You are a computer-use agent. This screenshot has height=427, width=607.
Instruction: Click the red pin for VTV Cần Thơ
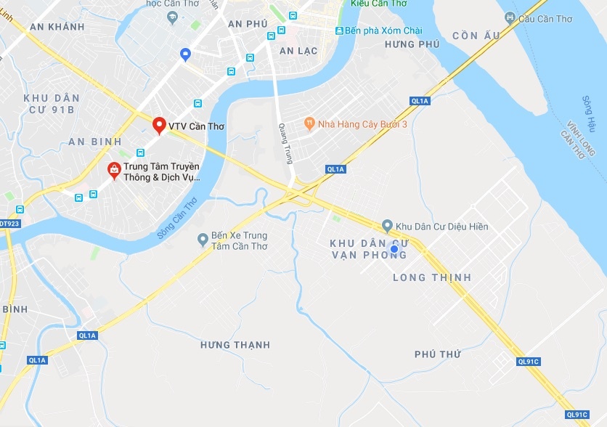[x=159, y=125]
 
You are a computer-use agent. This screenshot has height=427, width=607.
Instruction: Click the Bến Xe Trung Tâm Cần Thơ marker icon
[x=203, y=240]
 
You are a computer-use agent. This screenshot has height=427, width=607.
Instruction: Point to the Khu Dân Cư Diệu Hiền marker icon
[x=387, y=226]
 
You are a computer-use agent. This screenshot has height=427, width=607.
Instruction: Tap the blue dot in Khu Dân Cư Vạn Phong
[x=394, y=249]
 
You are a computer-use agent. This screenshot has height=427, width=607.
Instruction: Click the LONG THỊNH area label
[x=432, y=277]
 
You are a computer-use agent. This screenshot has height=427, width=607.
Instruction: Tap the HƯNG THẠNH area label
[x=235, y=345]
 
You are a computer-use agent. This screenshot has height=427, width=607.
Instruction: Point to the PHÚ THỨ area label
[x=438, y=354]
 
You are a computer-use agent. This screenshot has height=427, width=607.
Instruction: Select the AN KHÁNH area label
[x=57, y=27]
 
